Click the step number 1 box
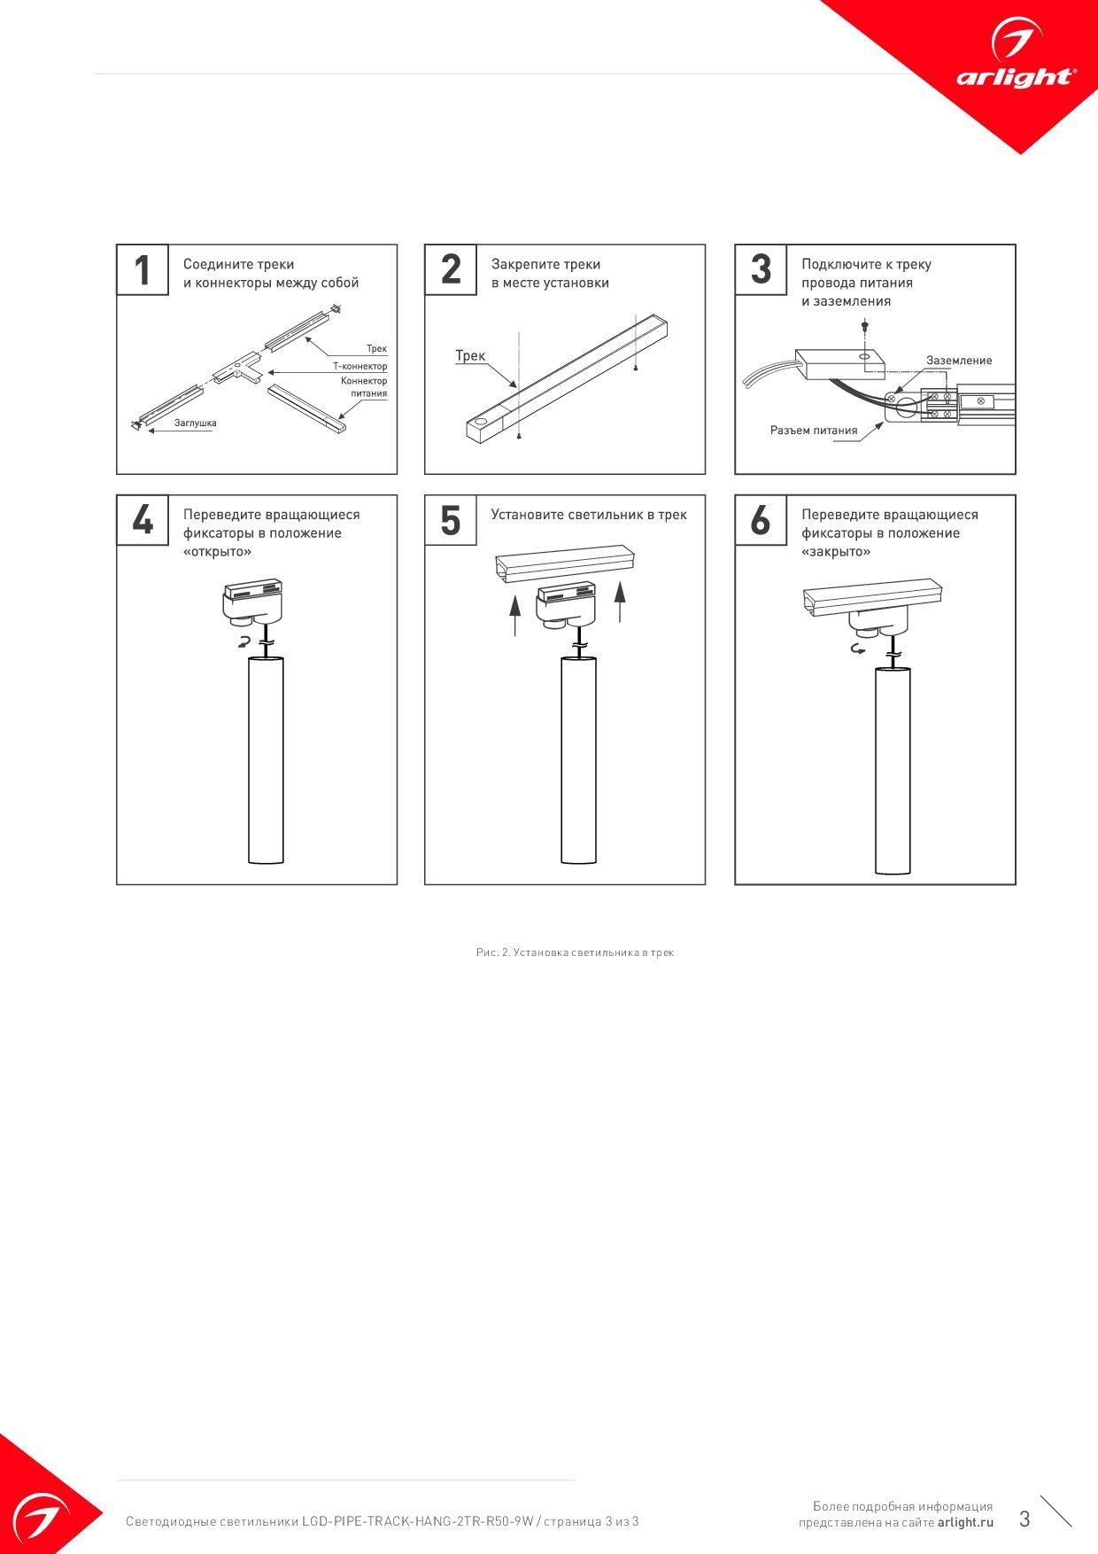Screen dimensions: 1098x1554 143,270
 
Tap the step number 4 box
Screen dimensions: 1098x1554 143,520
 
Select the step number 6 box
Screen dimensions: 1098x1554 761,520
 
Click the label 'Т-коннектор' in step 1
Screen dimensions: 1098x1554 360,366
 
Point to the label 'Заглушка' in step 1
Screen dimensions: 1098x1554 195,423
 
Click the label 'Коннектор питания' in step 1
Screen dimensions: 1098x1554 364,387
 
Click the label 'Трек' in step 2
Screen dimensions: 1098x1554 470,355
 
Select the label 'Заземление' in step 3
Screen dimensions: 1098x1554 959,361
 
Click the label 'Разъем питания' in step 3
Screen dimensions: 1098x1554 814,431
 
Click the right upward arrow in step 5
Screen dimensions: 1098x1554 620,602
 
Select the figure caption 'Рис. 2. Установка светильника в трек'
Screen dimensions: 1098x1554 575,952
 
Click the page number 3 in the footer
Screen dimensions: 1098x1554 1025,1519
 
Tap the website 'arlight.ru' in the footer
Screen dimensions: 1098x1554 965,1522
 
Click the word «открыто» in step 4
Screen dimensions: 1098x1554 217,552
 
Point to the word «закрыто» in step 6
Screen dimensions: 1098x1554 836,552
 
